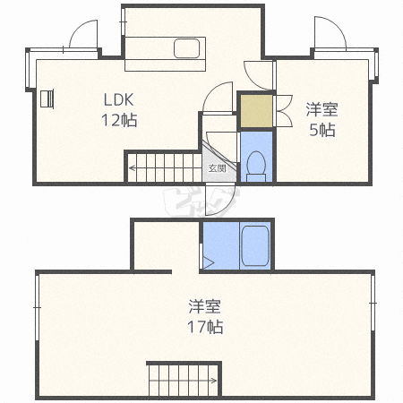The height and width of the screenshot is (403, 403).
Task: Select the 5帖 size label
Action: (x=322, y=129)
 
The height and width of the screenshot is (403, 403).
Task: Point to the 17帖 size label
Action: (x=204, y=327)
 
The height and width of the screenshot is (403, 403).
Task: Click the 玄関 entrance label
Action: (x=217, y=167)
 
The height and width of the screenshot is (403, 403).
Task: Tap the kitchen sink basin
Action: (x=188, y=48)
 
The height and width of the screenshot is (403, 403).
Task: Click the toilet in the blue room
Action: (x=255, y=163)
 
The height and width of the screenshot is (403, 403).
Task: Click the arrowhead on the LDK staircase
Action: (x=132, y=167)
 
